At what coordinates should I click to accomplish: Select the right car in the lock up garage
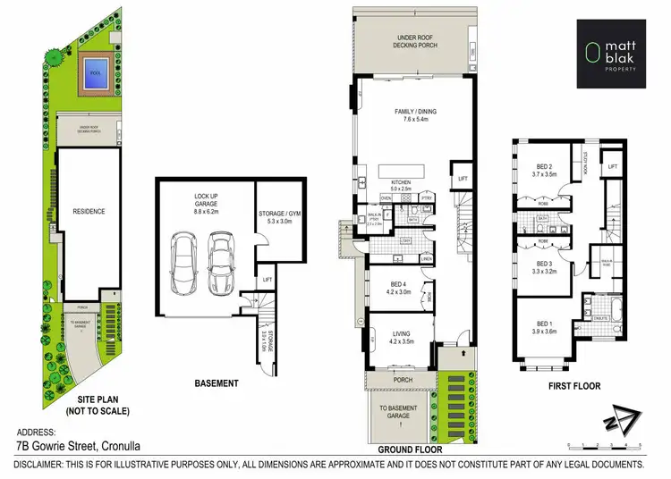[221, 265]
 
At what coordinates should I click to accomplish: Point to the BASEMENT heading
[216, 383]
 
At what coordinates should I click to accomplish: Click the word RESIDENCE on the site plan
[89, 212]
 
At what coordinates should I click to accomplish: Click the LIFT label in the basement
[267, 280]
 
